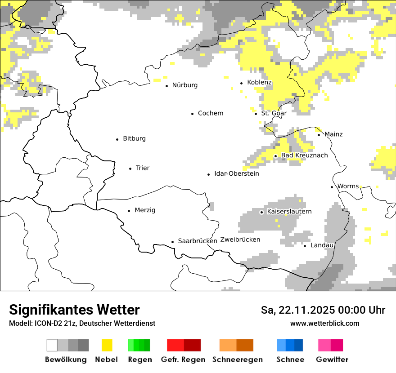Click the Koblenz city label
pos(259,83)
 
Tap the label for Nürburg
pos(184,85)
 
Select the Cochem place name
pos(210,113)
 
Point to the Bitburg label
pos(134,139)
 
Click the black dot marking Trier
pos(130,169)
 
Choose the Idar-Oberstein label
pos(236,174)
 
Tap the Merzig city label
pos(145,210)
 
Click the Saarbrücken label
pos(198,241)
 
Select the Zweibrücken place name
pos(240,240)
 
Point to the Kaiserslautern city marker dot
pos(262,212)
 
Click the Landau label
pos(322,245)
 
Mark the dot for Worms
pos(332,187)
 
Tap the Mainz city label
pos(333,134)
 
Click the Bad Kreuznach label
pos(304,155)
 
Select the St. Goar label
pos(274,113)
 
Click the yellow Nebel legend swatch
pos(107,345)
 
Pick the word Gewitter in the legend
pos(332,360)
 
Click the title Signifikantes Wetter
pos(74,310)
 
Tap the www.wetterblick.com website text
pos(324,323)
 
